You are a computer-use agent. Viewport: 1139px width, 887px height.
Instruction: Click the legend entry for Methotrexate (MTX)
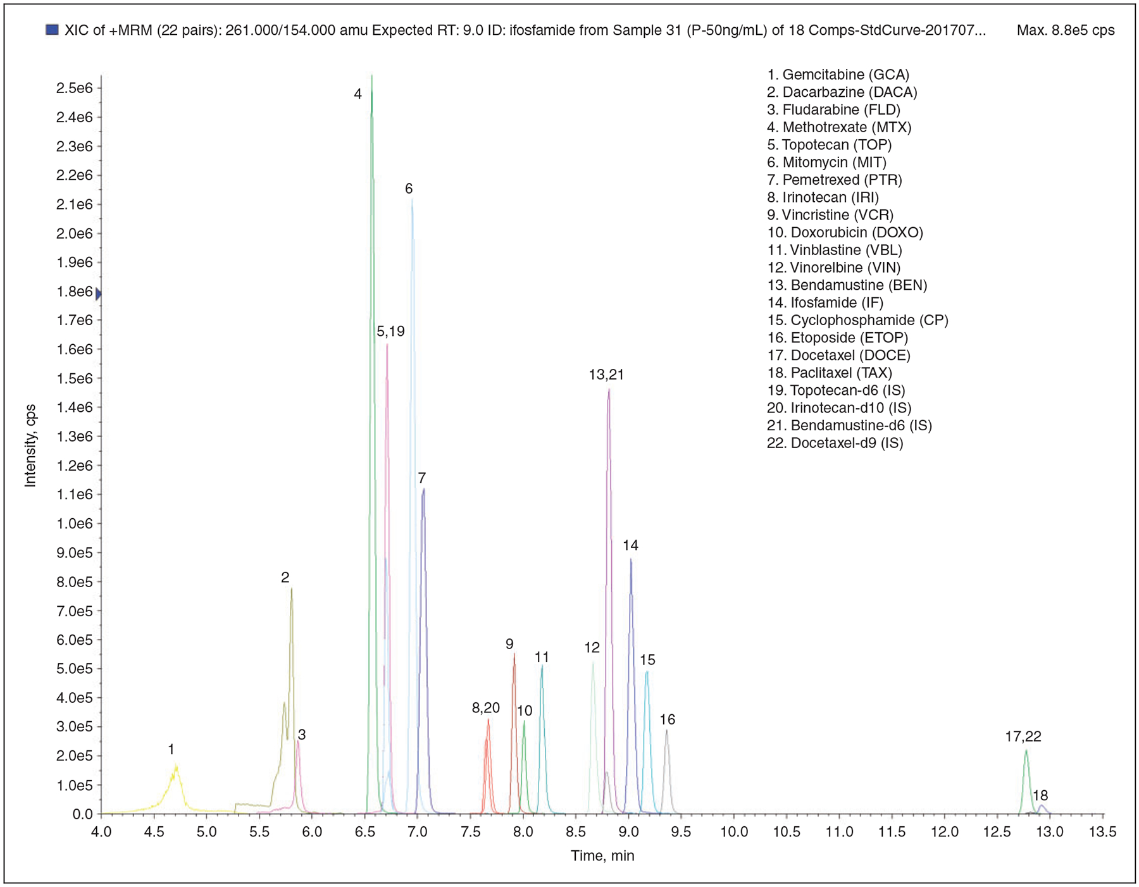(839, 127)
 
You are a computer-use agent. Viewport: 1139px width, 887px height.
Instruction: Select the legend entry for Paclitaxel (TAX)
(830, 373)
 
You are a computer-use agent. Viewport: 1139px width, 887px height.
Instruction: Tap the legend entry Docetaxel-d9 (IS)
(835, 443)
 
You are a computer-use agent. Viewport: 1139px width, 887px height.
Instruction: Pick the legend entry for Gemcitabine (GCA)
(838, 75)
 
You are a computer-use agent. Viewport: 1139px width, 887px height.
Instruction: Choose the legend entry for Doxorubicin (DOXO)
(845, 232)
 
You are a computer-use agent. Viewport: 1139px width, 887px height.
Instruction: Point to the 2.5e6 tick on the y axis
(75, 88)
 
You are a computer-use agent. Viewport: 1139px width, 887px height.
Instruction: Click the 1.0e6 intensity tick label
(75, 523)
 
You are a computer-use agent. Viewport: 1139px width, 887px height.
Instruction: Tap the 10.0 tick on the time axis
(734, 831)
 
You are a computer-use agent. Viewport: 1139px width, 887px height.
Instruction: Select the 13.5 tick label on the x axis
(1103, 831)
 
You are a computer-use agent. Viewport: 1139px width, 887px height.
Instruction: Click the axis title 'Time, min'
(602, 856)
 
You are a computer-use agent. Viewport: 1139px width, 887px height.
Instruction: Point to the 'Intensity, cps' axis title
(30, 445)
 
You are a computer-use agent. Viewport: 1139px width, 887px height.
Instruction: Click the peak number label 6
(409, 189)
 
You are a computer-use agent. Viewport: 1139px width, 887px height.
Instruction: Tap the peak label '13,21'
(606, 375)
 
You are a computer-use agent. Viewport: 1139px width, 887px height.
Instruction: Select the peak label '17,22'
(1023, 736)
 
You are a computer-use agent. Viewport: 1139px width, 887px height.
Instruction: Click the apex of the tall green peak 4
(371, 77)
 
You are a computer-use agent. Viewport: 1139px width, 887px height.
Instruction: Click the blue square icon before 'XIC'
(53, 30)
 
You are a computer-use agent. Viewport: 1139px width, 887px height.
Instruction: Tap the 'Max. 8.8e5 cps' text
(1066, 30)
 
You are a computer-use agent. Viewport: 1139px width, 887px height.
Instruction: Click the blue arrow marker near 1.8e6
(98, 294)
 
